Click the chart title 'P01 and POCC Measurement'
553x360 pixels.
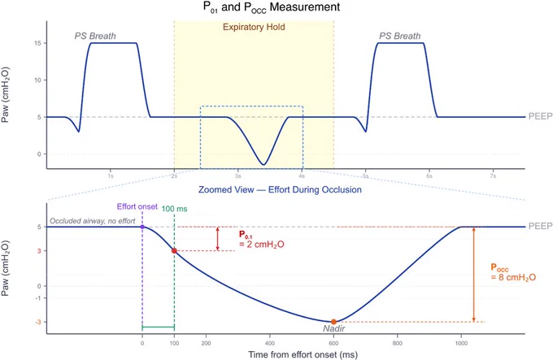pyautogui.click(x=272, y=7)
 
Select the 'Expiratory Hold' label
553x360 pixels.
pyautogui.click(x=254, y=27)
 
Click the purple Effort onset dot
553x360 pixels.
pyautogui.click(x=142, y=227)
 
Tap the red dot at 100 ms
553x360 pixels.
pyautogui.click(x=174, y=251)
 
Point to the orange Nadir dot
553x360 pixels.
pyautogui.click(x=333, y=322)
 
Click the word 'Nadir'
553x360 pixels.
pyautogui.click(x=334, y=328)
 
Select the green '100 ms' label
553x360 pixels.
pyautogui.click(x=174, y=209)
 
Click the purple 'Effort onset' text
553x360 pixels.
pyautogui.click(x=137, y=206)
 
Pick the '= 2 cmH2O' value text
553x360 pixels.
pyautogui.click(x=262, y=245)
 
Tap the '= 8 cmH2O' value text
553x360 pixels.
pyautogui.click(x=513, y=278)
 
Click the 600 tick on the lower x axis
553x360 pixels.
pyautogui.click(x=333, y=344)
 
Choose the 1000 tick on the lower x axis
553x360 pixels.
pyautogui.click(x=461, y=344)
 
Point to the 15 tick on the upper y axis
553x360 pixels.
pyautogui.click(x=37, y=43)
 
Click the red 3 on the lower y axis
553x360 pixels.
pyautogui.click(x=40, y=251)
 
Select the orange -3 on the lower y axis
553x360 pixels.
pyautogui.click(x=38, y=322)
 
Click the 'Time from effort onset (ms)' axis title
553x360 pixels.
pyautogui.click(x=303, y=354)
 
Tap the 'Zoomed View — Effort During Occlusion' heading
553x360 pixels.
pyautogui.click(x=280, y=190)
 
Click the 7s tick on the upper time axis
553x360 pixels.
pyautogui.click(x=493, y=176)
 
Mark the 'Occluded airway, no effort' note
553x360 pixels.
pyautogui.click(x=93, y=221)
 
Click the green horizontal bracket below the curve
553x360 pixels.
pyautogui.click(x=158, y=327)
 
